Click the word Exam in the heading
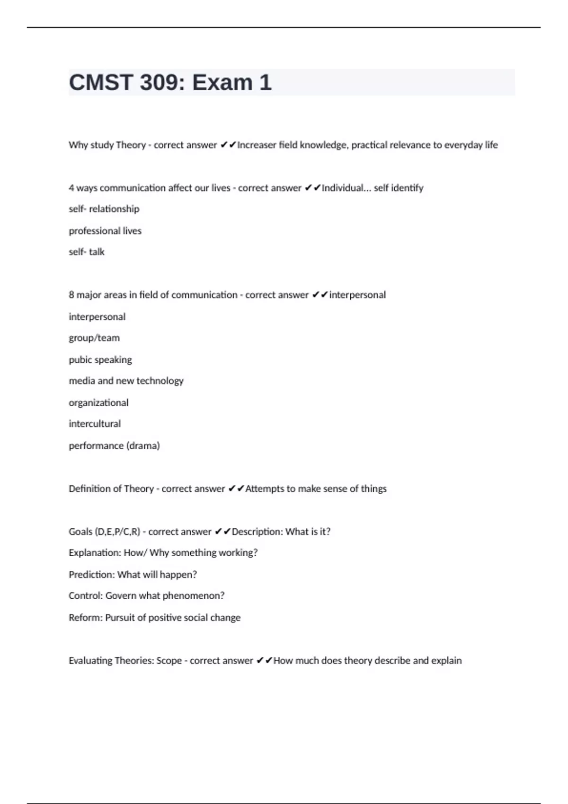(222, 83)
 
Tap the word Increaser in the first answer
(256, 145)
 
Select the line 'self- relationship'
(104, 209)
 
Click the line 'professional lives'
(105, 231)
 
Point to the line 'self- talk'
(87, 252)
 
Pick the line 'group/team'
(94, 338)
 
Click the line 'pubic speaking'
(100, 360)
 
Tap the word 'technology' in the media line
(160, 381)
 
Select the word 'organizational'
(98, 403)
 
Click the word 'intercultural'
(95, 424)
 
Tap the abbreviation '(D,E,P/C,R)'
(117, 532)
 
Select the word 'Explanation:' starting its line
(95, 553)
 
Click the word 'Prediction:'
(91, 575)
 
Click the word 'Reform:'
(86, 618)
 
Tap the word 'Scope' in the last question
(169, 661)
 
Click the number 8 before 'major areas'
(71, 295)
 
